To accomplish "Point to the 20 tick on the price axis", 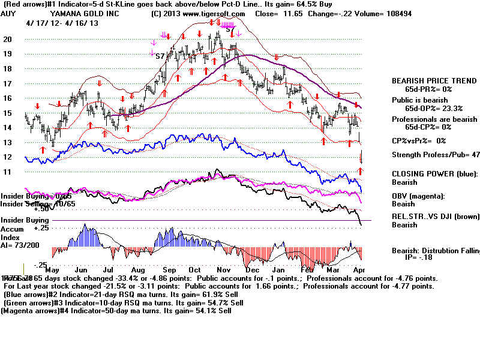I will (x=8, y=39).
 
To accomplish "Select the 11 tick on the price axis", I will (x=8, y=172).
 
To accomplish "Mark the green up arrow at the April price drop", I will (x=361, y=171).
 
